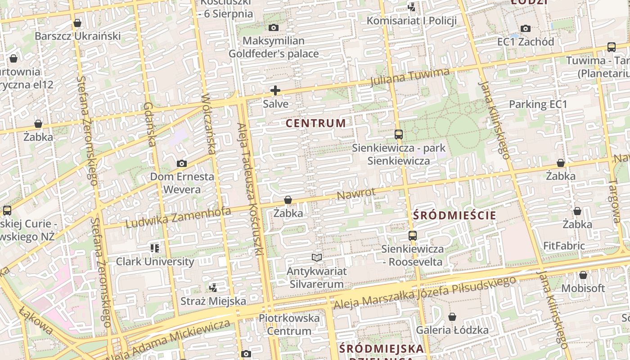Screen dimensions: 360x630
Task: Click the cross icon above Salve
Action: click(275, 90)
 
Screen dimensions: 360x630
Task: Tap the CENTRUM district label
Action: click(316, 123)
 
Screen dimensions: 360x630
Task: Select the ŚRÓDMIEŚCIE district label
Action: click(454, 215)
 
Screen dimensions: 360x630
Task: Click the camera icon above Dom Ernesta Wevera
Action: click(182, 163)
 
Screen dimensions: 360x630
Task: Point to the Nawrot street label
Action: click(356, 194)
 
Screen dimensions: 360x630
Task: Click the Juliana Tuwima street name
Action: click(410, 77)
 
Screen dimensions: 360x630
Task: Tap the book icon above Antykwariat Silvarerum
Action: click(317, 257)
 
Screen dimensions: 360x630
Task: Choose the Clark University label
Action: click(155, 261)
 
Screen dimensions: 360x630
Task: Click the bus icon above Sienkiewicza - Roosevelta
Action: click(412, 235)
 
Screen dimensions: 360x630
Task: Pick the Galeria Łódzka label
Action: click(452, 330)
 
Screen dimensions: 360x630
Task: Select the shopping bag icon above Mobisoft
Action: click(583, 274)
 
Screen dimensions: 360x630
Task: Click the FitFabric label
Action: click(564, 246)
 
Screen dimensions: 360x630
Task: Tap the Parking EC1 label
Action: click(538, 104)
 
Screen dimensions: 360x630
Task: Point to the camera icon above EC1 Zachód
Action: click(525, 29)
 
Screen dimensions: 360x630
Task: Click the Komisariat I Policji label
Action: click(412, 21)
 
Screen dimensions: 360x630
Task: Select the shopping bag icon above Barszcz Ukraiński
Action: click(77, 22)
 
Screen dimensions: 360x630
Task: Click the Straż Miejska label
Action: click(213, 301)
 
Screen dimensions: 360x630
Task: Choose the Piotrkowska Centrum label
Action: click(289, 324)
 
